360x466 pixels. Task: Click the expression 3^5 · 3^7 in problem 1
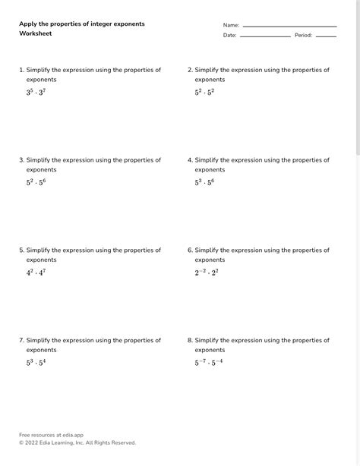(36, 92)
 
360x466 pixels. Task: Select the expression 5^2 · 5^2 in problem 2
(204, 92)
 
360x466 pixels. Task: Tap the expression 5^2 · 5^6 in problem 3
(36, 182)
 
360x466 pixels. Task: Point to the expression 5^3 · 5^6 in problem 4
(204, 182)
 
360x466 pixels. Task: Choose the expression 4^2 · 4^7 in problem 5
(36, 272)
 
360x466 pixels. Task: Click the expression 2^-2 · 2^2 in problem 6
(207, 272)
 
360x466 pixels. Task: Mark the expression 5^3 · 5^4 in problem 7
(36, 363)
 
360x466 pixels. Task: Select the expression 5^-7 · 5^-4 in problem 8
(209, 363)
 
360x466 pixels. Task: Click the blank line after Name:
(289, 26)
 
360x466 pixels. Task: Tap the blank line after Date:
(265, 36)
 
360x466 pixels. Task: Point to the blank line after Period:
(326, 36)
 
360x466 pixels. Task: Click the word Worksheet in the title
(35, 34)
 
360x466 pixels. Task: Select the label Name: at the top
(231, 25)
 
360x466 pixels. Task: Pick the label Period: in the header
(303, 35)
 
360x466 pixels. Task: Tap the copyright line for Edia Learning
(77, 442)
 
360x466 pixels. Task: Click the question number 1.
(21, 70)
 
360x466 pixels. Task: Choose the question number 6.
(190, 250)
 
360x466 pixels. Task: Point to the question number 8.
(190, 341)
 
